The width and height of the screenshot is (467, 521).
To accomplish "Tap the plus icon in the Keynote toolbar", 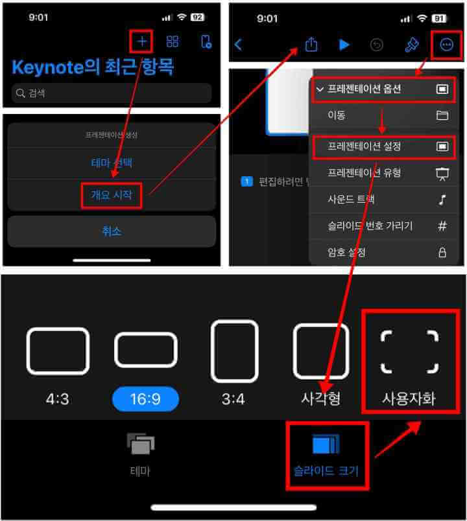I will pyautogui.click(x=142, y=42).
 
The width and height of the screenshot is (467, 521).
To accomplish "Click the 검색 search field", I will pyautogui.click(x=112, y=93).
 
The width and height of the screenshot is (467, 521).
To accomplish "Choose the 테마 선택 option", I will pyautogui.click(x=112, y=163).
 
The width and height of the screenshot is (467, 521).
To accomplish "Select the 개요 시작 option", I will pyautogui.click(x=112, y=195).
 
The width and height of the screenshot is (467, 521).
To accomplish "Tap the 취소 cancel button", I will pyautogui.click(x=112, y=231).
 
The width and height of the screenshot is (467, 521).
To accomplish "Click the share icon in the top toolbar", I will pyautogui.click(x=311, y=45).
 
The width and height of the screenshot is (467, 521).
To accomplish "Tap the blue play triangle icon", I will pyautogui.click(x=344, y=45).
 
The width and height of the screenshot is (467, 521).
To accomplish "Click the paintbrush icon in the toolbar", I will pyautogui.click(x=412, y=45).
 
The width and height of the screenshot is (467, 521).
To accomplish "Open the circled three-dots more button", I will pyautogui.click(x=446, y=45).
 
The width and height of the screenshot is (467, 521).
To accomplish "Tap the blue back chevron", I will pyautogui.click(x=238, y=45).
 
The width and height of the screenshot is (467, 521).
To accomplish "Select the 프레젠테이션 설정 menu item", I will pyautogui.click(x=365, y=147).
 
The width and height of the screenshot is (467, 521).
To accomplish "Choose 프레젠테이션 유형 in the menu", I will pyautogui.click(x=365, y=173).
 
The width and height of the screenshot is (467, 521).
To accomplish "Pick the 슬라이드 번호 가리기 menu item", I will pyautogui.click(x=370, y=226).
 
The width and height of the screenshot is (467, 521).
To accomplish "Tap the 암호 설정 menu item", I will pyautogui.click(x=347, y=252).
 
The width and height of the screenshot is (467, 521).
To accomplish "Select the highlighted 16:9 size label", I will pyautogui.click(x=145, y=399).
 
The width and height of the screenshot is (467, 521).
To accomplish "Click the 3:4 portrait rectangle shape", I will pyautogui.click(x=234, y=351).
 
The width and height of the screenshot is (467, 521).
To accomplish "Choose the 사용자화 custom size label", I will pyautogui.click(x=409, y=398).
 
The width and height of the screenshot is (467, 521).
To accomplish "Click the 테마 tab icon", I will pyautogui.click(x=141, y=444).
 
